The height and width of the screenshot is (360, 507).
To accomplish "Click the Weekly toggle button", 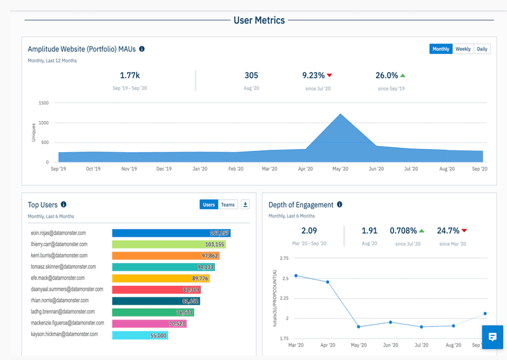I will (463, 49).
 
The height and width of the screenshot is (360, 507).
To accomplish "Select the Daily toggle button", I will (482, 49).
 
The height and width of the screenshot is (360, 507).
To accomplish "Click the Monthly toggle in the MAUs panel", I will (440, 49).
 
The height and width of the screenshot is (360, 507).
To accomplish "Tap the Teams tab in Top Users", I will (228, 204).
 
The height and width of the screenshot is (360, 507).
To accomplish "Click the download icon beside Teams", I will (245, 204).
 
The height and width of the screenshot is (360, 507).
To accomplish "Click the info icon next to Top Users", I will (63, 205).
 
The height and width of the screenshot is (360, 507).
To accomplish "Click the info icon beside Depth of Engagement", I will (340, 205).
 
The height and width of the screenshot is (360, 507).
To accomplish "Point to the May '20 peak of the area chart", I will (340, 115).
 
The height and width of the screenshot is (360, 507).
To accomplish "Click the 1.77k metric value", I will (129, 75).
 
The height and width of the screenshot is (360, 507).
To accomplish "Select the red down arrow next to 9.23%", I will (330, 75).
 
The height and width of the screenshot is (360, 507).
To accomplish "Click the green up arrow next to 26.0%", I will (402, 75).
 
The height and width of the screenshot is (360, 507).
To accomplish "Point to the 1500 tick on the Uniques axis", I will (44, 103).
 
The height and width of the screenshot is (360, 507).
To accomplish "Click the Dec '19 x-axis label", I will (164, 169).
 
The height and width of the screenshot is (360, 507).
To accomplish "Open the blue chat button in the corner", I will (492, 337).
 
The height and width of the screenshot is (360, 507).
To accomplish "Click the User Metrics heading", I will (259, 20).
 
